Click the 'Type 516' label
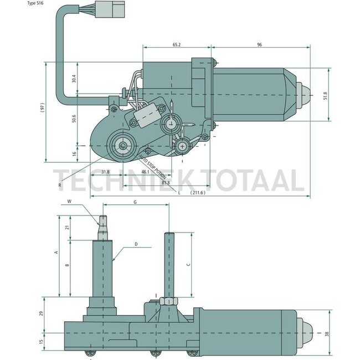click(x=36, y=3)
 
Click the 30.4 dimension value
click(x=74, y=79)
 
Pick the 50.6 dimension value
click(x=74, y=120)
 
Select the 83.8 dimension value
click(x=165, y=182)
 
